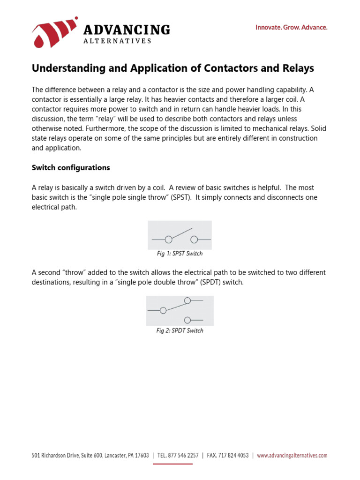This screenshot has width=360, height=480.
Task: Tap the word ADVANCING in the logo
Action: click(x=126, y=30)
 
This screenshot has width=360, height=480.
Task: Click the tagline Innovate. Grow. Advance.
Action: click(x=291, y=28)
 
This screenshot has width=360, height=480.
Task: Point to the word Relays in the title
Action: click(x=298, y=68)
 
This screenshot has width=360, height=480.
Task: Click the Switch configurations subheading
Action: click(x=71, y=167)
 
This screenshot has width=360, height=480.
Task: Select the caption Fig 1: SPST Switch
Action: click(x=180, y=254)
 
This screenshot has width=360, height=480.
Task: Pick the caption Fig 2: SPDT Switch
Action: click(x=180, y=330)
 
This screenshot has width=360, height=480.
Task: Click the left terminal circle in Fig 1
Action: click(x=168, y=240)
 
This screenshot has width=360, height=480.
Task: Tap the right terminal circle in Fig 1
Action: click(x=194, y=240)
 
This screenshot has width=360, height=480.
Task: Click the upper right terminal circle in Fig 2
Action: click(x=187, y=300)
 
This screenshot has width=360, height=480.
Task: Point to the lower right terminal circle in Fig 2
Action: click(x=187, y=320)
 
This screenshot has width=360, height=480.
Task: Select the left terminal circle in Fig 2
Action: click(x=163, y=310)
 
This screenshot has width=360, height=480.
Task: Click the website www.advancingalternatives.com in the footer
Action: click(x=292, y=455)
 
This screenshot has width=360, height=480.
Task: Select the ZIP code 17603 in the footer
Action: click(x=141, y=455)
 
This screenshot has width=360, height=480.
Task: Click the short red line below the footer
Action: click(x=173, y=464)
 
